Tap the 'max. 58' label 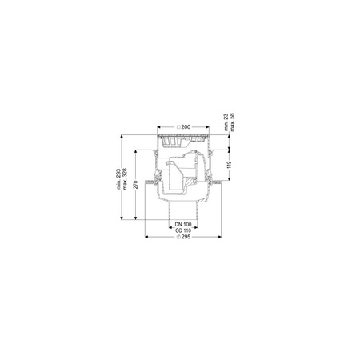[234, 121]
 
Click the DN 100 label [183, 224]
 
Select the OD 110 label [183, 230]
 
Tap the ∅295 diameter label [183, 238]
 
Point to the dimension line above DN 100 [183, 221]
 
